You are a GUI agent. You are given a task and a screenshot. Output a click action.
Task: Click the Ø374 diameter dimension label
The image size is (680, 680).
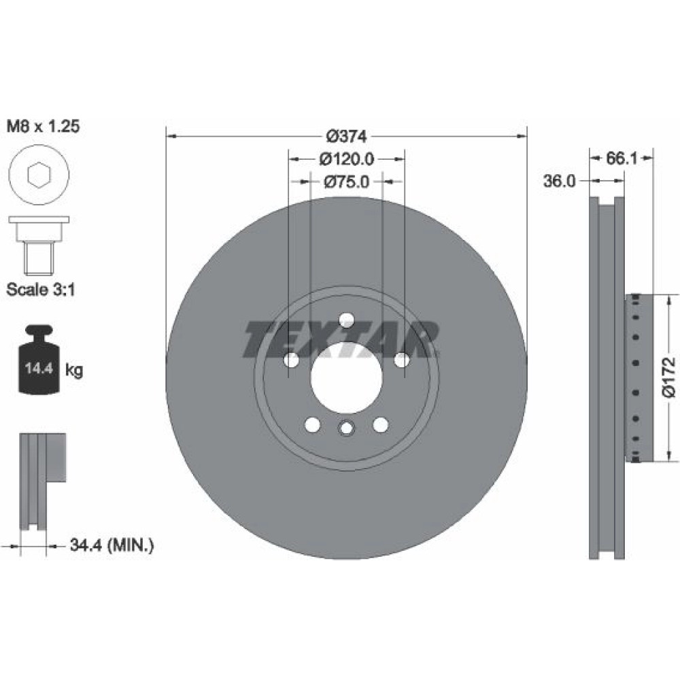347,137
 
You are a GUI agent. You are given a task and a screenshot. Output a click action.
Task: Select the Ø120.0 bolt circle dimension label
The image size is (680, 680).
347,159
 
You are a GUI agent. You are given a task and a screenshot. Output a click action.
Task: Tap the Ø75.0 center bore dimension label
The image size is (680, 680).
347,182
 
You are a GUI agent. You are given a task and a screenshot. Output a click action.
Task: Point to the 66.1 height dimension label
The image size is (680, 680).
621,158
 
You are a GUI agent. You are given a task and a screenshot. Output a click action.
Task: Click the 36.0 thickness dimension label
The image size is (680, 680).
560,181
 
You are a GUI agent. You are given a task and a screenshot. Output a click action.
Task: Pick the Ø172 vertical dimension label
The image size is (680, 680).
668,377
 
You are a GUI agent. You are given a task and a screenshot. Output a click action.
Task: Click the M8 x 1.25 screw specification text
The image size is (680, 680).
44,126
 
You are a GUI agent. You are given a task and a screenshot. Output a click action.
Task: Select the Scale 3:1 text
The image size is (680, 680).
41,290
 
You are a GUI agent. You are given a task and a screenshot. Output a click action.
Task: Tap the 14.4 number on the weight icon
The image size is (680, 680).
39,369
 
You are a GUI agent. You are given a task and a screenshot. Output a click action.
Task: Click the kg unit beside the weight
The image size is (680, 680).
73,370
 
